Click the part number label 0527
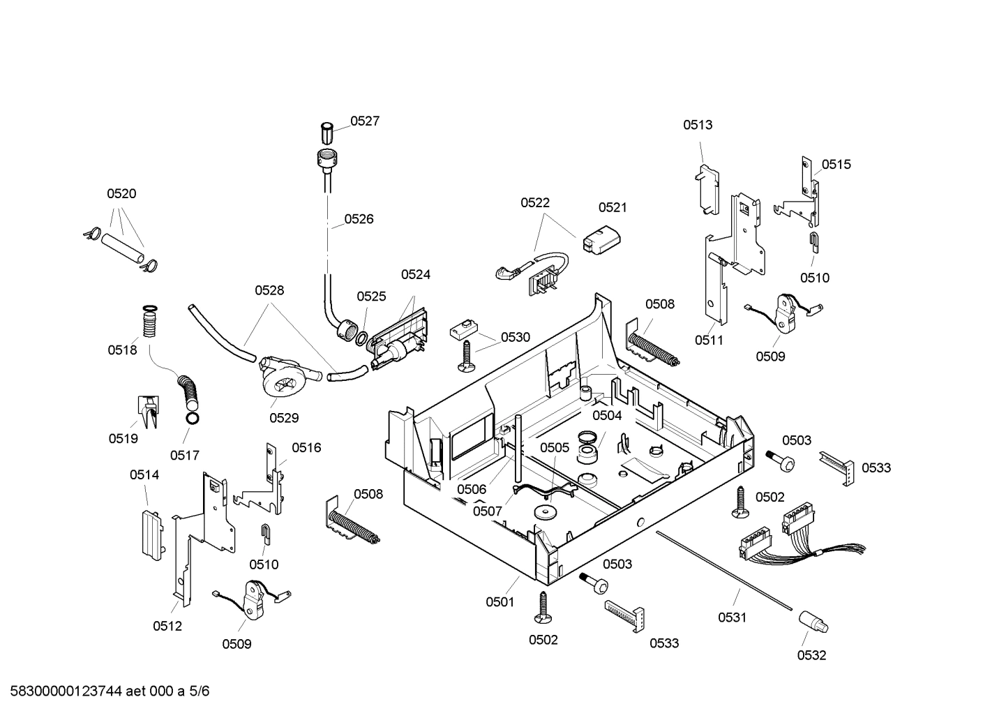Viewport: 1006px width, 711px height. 364,121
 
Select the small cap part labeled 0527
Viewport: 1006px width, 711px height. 326,133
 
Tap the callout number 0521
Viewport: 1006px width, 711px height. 613,207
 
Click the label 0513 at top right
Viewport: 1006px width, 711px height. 698,125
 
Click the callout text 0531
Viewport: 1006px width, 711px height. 733,618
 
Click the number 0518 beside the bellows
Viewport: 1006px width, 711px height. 122,350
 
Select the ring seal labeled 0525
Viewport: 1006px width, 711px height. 362,338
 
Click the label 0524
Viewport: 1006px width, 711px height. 415,275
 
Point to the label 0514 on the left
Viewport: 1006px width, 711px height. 144,475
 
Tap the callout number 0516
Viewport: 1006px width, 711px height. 306,448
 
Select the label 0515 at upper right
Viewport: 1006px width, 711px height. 836,165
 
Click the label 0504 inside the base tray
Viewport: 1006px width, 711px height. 607,416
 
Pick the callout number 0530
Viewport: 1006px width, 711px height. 516,338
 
